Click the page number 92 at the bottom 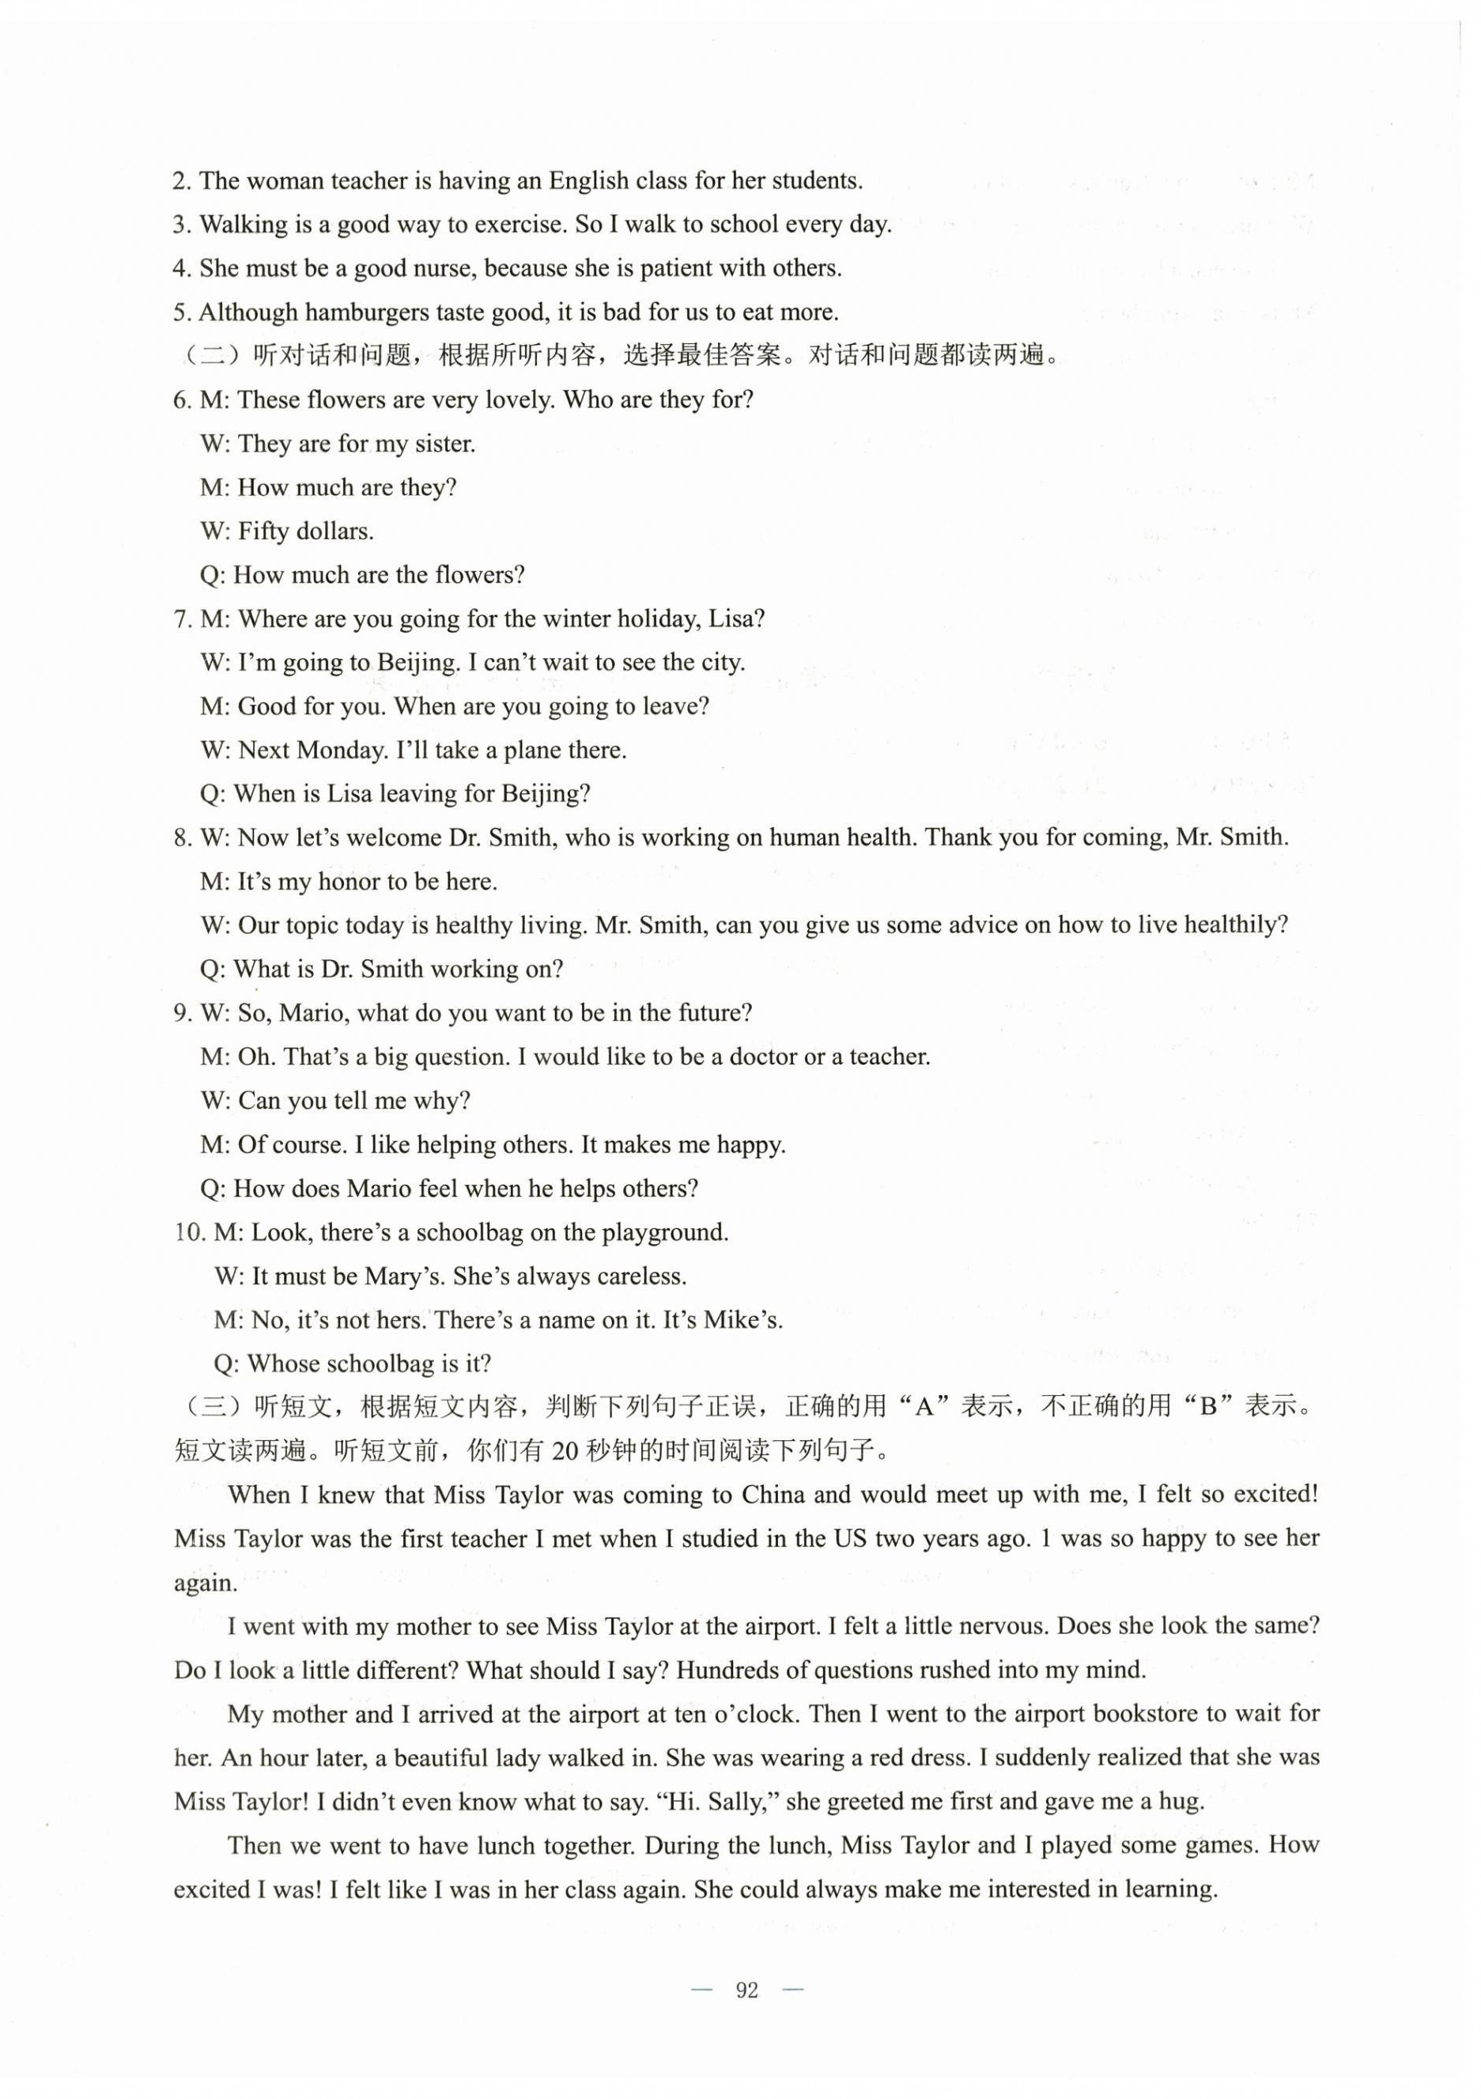point(747,1990)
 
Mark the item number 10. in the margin point(190,1233)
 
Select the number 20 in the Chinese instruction point(567,1452)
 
